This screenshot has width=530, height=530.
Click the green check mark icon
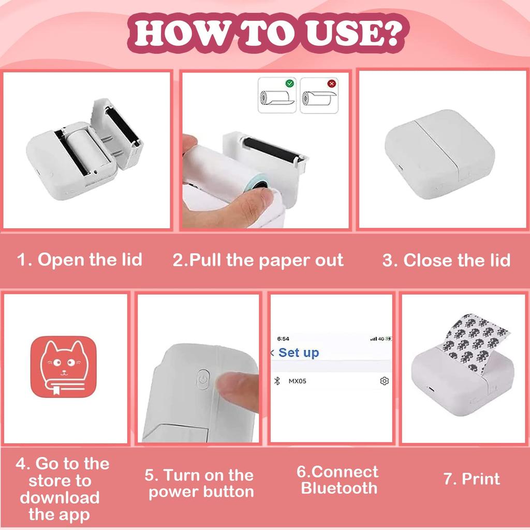tap(290, 83)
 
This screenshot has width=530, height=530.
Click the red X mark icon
tap(332, 83)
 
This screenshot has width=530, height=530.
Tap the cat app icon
tap(63, 367)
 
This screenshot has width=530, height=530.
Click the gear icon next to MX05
tap(384, 381)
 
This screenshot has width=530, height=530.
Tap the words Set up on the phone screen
tap(298, 353)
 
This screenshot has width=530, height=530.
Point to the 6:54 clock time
tap(283, 338)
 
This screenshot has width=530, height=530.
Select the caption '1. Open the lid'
tap(80, 259)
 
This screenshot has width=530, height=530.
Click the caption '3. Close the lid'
tap(446, 260)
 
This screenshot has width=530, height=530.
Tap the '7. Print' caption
tap(472, 479)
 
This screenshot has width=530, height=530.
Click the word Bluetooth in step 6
tap(339, 488)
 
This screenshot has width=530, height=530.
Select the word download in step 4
tap(60, 498)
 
